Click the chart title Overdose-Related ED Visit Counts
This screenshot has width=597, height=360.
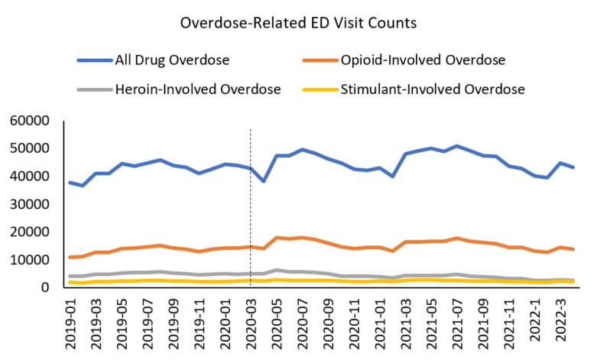coord(297,23)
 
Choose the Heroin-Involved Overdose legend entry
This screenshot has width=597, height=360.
coord(198,89)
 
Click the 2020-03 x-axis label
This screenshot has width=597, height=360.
coord(251,321)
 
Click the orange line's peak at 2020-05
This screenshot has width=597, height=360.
coord(277,238)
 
